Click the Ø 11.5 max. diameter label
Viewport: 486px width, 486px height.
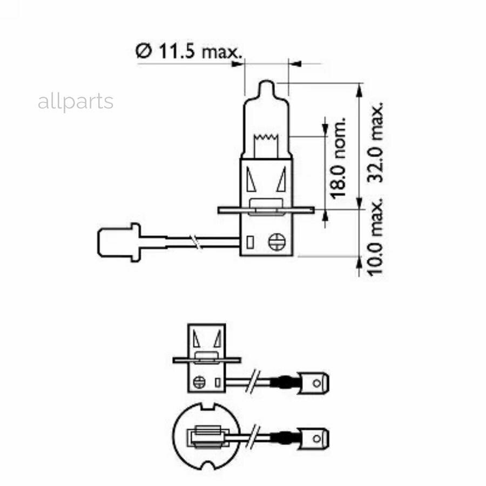click(x=187, y=52)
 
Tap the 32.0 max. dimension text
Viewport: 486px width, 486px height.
click(x=376, y=143)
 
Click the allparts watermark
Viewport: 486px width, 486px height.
click(x=76, y=102)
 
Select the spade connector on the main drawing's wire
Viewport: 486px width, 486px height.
click(x=118, y=242)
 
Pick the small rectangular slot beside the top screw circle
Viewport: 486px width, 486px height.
click(x=249, y=242)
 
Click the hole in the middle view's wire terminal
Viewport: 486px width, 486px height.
click(x=317, y=383)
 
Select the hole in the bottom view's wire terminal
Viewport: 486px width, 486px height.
click(x=317, y=436)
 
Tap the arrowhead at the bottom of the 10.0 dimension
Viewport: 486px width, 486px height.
click(x=360, y=264)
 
